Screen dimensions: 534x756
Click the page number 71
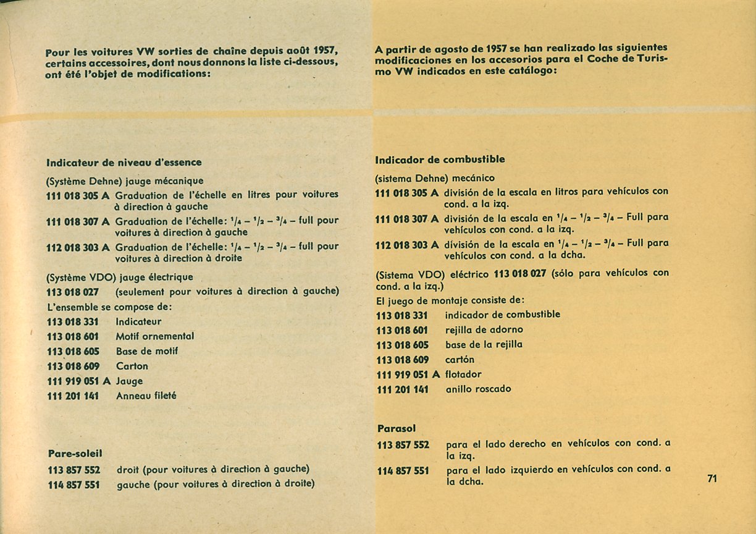point(712,478)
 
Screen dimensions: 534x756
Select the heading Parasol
point(397,428)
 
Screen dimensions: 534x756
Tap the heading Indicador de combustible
point(440,159)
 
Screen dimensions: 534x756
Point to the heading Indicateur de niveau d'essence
point(124,163)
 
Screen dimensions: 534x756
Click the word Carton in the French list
point(132,366)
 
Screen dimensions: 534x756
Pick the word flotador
point(463,375)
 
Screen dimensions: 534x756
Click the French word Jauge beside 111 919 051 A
point(129,381)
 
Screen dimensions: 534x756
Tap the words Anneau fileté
point(146,396)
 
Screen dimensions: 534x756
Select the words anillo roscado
point(478,389)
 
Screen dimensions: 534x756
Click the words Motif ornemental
point(155,336)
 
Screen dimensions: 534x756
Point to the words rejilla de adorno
point(484,329)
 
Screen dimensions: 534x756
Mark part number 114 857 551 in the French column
point(73,485)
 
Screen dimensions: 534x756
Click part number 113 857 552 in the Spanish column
point(403,444)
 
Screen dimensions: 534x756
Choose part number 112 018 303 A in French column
point(78,247)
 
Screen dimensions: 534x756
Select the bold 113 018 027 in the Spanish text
point(520,273)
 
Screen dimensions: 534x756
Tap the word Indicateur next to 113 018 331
point(138,321)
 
